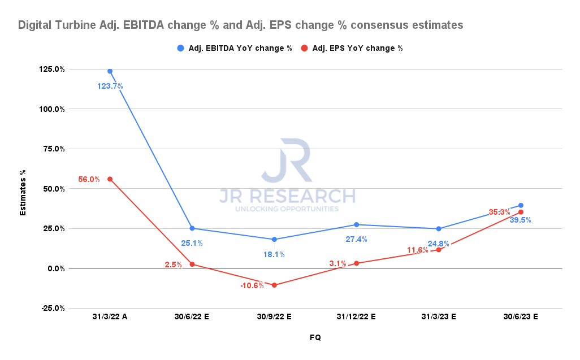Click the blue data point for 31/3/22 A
110,71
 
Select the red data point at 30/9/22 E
274,285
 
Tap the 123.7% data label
110,86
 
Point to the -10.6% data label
252,285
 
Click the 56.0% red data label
89,179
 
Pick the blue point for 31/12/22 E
356,224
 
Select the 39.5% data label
520,220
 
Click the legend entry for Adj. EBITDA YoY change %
234,48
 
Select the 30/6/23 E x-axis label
520,317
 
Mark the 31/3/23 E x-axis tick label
438,317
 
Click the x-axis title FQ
315,337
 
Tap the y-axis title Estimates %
23,188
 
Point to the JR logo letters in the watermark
287,161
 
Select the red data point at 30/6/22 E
192,264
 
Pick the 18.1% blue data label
274,254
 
